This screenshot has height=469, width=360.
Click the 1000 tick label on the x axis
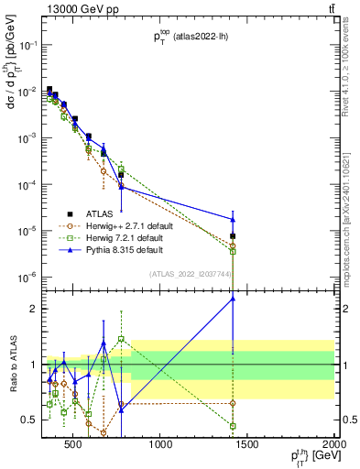pos(161,446)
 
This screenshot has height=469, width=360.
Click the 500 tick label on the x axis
pos(73,446)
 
